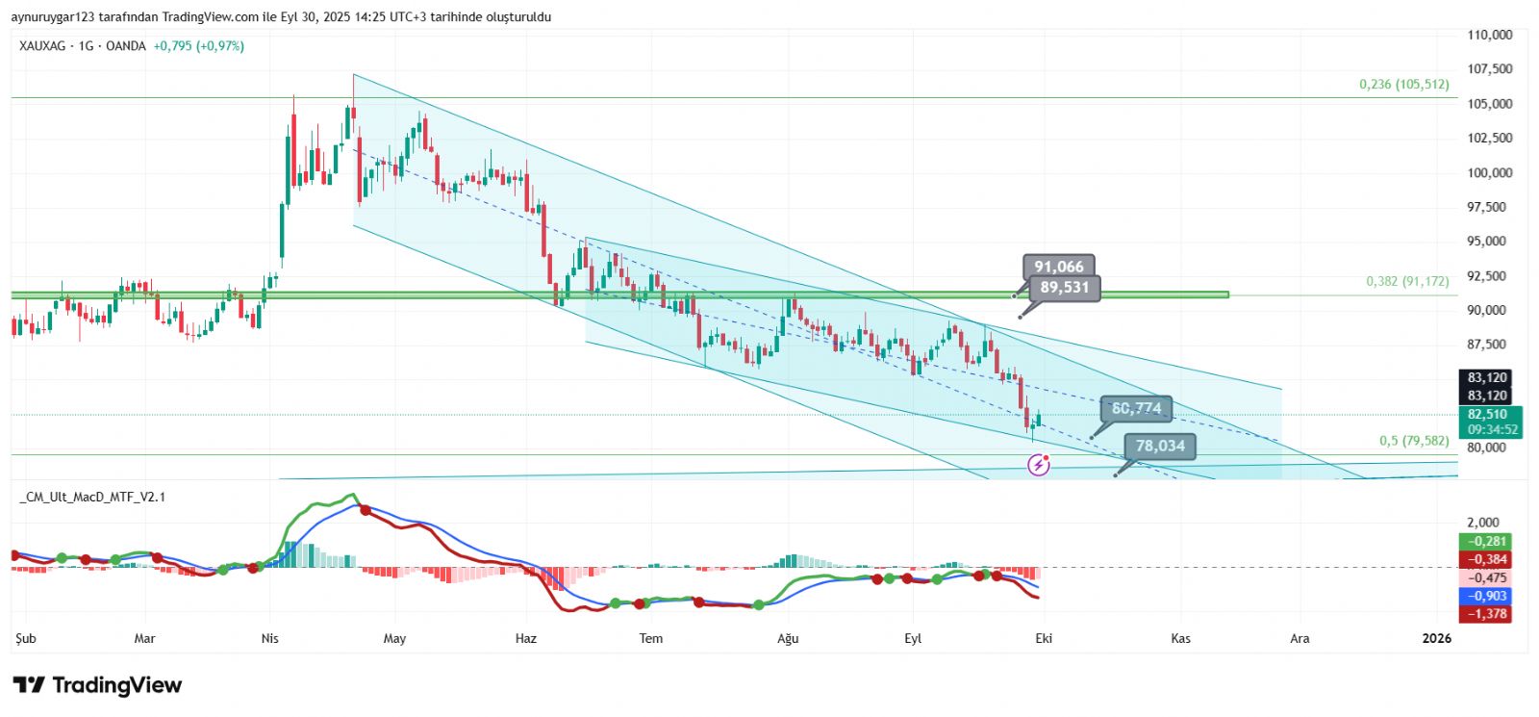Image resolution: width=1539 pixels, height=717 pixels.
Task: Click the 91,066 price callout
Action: coord(1058,267)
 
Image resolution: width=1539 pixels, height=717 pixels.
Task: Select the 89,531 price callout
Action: coord(1064,287)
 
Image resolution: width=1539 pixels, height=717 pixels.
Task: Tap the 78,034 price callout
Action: coord(1160,446)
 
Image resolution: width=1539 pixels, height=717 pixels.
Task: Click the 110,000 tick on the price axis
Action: coord(1489,35)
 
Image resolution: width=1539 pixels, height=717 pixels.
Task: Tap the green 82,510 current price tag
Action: coord(1487,415)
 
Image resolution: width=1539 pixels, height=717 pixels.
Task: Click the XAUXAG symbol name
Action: coord(43,46)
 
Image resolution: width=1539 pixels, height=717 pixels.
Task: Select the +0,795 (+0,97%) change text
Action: coord(198,46)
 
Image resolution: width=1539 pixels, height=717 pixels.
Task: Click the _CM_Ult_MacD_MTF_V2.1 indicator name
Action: coord(92,497)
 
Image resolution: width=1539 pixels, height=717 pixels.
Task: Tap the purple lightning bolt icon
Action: coord(1039,466)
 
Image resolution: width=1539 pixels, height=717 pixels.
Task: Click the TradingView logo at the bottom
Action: coord(97,685)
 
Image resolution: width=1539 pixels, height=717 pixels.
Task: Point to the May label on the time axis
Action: coord(394,638)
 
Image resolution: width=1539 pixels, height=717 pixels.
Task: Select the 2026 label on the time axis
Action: coord(1436,638)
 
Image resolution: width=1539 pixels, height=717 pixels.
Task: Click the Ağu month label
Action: coord(788,638)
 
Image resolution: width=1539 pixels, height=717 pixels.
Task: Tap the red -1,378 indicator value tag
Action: coord(1487,614)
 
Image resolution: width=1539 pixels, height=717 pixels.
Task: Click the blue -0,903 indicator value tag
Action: coord(1487,596)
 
